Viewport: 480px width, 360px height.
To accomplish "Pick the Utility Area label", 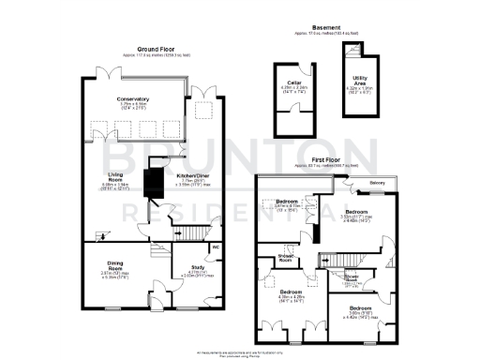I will click(x=359, y=82).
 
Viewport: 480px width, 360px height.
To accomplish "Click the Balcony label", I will click(x=376, y=183).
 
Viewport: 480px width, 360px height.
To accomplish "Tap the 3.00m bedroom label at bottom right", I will click(x=360, y=308).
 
